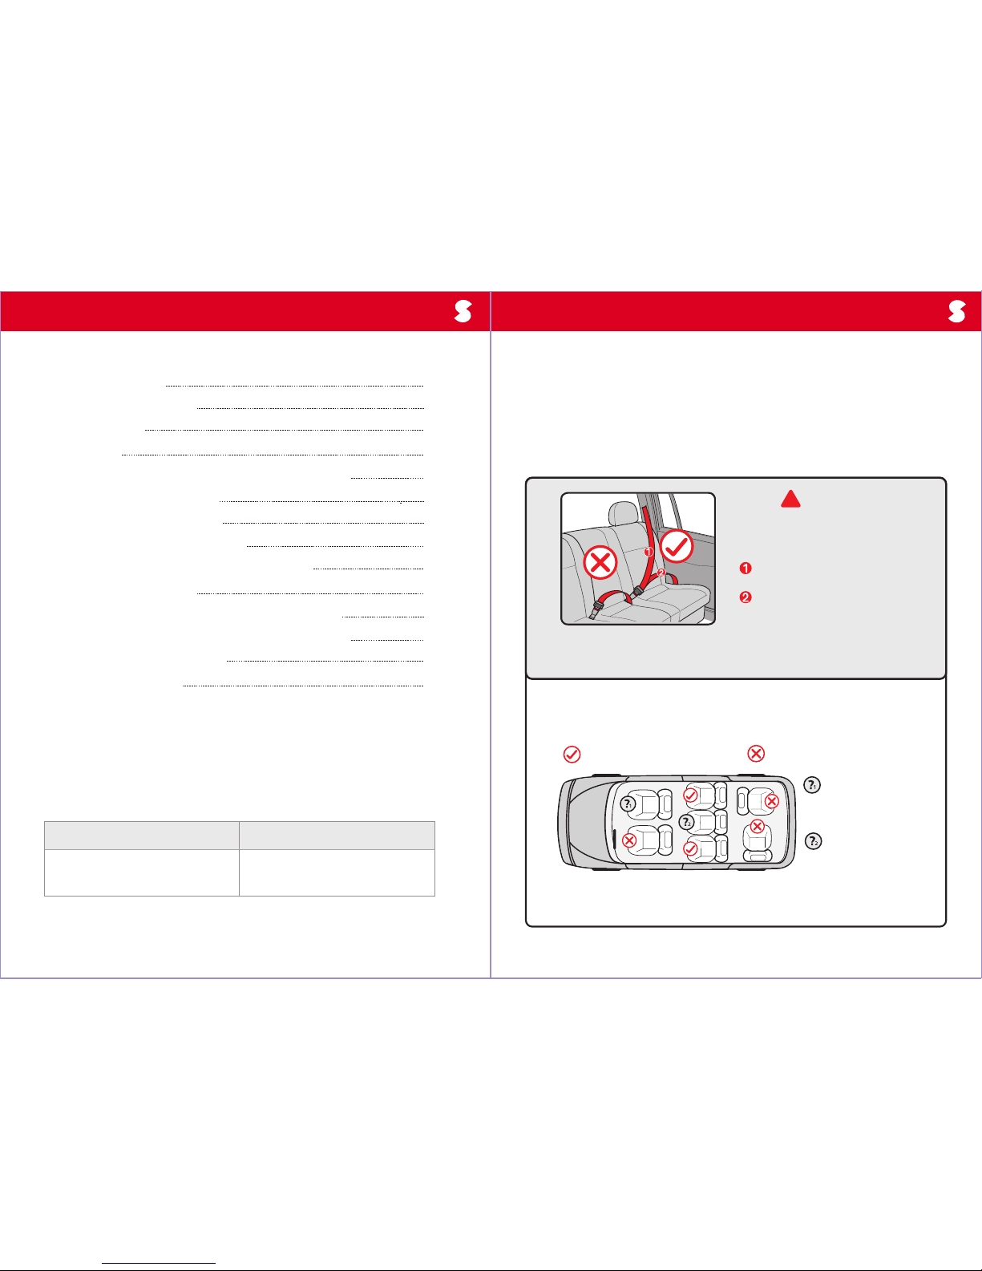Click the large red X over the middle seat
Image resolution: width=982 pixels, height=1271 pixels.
tap(600, 562)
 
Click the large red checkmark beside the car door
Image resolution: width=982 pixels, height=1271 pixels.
tap(677, 546)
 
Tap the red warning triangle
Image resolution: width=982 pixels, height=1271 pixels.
tap(790, 499)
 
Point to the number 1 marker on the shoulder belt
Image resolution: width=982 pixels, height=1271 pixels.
tap(649, 552)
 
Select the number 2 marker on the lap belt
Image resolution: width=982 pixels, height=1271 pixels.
tap(661, 573)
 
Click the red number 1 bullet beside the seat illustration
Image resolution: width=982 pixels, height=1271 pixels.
tap(746, 568)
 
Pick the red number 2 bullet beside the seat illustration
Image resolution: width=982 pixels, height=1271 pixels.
tap(746, 597)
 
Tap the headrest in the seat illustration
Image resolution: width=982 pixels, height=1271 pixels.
tap(623, 513)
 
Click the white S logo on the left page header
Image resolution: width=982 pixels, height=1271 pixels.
tap(463, 311)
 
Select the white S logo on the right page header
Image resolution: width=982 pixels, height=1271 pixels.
tap(957, 311)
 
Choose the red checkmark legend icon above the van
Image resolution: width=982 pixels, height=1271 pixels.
tap(572, 754)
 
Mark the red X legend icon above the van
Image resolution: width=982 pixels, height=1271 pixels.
tap(756, 753)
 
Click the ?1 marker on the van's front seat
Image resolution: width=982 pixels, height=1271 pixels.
tap(628, 804)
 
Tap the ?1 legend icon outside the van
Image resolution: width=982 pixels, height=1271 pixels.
tap(812, 785)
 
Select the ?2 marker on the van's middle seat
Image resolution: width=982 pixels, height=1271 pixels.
tap(687, 823)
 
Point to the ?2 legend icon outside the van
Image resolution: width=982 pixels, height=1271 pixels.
tap(813, 841)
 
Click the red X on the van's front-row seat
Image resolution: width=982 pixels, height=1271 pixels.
tap(629, 840)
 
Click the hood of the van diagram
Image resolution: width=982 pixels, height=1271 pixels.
tap(582, 823)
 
